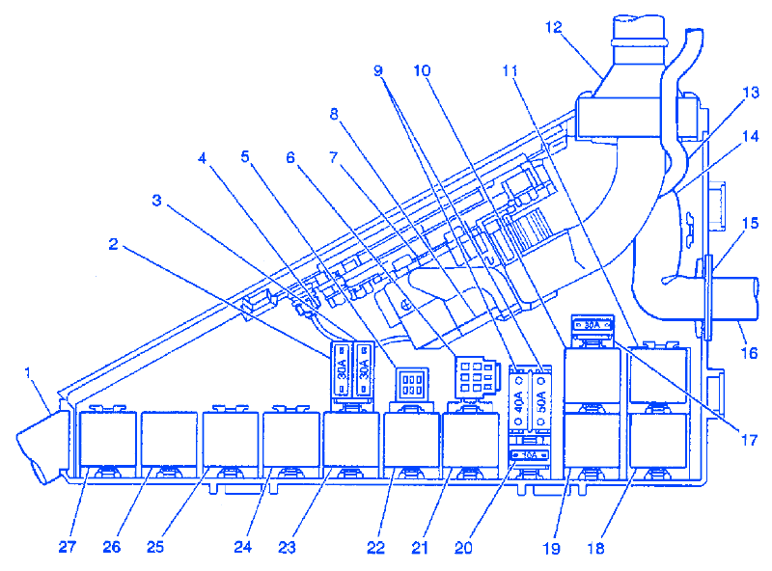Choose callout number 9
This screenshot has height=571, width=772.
[378, 70]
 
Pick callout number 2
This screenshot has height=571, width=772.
[113, 245]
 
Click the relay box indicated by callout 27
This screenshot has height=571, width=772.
[107, 438]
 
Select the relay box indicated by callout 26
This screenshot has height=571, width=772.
[169, 438]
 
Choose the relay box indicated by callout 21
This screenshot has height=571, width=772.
[471, 438]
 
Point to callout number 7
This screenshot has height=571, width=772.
[334, 156]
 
